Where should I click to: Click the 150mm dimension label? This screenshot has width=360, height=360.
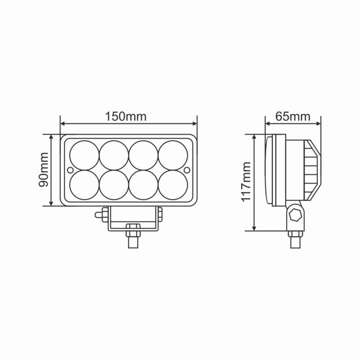[126, 116]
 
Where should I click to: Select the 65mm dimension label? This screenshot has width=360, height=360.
[293, 116]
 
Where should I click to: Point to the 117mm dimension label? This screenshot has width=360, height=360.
[247, 182]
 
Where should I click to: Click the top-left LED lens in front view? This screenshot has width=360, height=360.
[84, 155]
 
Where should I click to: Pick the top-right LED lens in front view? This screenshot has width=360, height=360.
[173, 155]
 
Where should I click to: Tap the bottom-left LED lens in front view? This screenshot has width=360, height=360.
[84, 185]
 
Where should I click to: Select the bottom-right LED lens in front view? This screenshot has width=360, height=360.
[173, 185]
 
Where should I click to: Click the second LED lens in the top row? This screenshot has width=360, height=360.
[114, 155]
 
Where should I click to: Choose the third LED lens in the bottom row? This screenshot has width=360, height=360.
[143, 185]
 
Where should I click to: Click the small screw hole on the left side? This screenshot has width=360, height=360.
[70, 170]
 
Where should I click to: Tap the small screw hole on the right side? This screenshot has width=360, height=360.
[187, 170]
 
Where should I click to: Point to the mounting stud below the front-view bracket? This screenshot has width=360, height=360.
[133, 239]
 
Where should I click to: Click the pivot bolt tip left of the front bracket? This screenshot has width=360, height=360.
[98, 215]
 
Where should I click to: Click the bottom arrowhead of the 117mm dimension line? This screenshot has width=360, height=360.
[254, 228]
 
